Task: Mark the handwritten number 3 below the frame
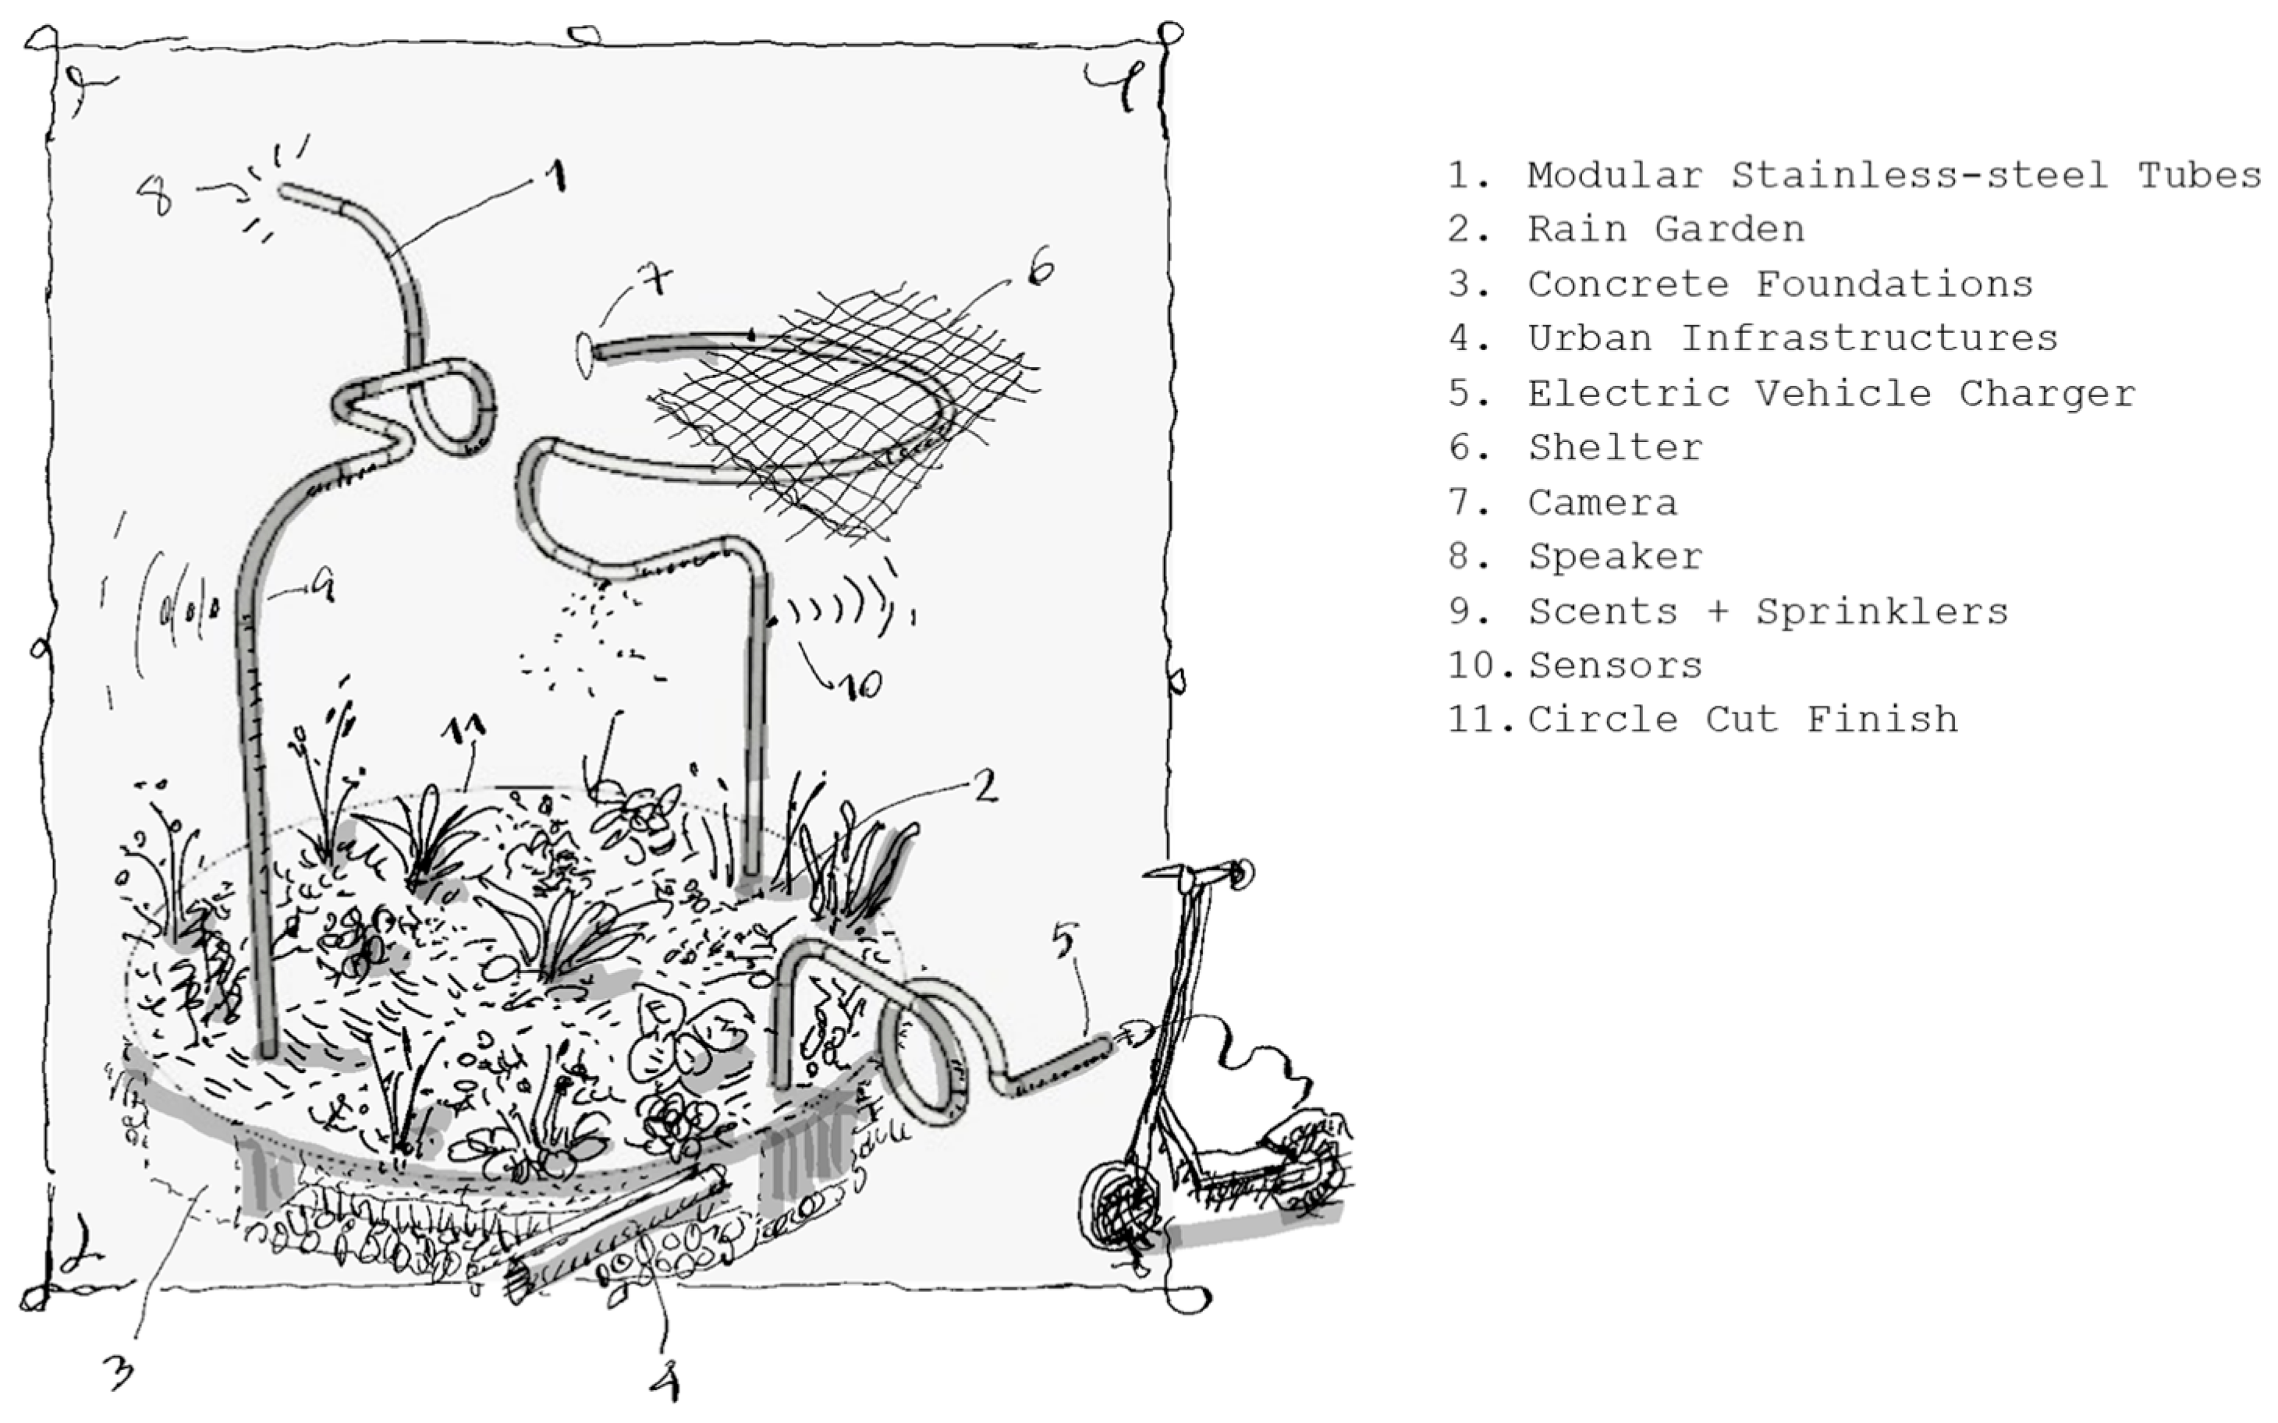pyautogui.click(x=119, y=1372)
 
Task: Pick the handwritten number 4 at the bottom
pyautogui.click(x=665, y=1381)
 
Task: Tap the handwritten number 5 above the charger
pyautogui.click(x=1063, y=940)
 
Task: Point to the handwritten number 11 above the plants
pyautogui.click(x=465, y=727)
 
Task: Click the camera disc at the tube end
pyautogui.click(x=584, y=354)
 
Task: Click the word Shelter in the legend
pyautogui.click(x=1616, y=448)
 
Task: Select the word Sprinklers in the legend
pyautogui.click(x=1882, y=612)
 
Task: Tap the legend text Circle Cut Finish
pyautogui.click(x=1742, y=720)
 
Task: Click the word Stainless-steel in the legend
pyautogui.click(x=1920, y=175)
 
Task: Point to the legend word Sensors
pyautogui.click(x=1616, y=665)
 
